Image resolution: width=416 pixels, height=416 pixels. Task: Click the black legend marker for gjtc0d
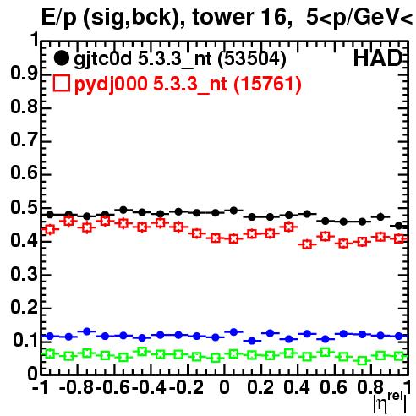[61, 58]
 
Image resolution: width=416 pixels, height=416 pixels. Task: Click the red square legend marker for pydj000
[61, 83]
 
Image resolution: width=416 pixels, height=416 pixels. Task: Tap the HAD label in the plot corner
[378, 58]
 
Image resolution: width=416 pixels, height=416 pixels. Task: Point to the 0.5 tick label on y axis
[25, 208]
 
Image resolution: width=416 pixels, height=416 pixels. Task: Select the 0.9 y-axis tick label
[25, 73]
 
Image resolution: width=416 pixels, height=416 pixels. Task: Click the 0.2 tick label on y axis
[25, 307]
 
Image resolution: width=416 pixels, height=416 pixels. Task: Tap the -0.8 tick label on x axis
[77, 387]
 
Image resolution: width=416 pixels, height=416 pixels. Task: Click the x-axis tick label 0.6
[333, 387]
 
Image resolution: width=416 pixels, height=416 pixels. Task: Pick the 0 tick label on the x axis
[224, 387]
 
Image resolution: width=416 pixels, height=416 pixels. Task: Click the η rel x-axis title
[391, 403]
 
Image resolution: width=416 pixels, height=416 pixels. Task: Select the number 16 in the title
[275, 18]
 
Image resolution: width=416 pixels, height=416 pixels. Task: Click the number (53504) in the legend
[252, 58]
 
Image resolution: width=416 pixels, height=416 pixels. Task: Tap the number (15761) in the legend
[268, 84]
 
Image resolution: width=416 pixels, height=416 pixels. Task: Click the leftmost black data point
[50, 215]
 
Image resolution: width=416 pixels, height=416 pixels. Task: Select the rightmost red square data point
[399, 238]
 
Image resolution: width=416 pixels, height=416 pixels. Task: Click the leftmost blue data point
[50, 336]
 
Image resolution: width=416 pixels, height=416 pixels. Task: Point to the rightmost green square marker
[399, 356]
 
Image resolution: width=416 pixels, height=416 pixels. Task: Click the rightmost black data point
[399, 226]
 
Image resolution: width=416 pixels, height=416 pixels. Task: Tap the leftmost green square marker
[50, 353]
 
